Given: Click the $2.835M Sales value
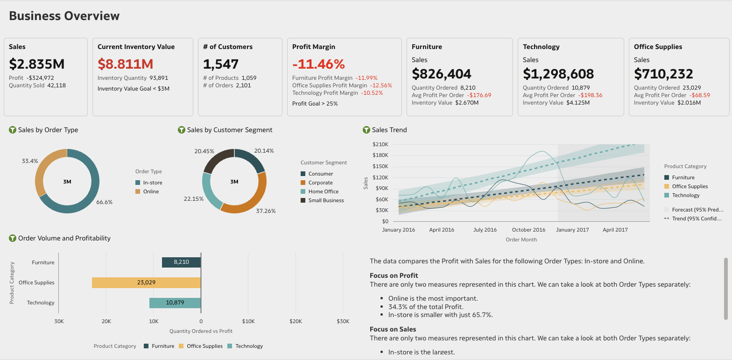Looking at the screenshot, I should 37,64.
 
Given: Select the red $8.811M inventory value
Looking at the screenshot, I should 126,64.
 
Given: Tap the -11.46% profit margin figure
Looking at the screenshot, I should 318,64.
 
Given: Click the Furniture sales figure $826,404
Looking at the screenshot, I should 441,73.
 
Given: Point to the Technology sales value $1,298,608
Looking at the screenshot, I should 558,73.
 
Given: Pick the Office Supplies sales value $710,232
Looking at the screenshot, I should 663,73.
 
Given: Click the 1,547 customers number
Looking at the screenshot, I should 221,64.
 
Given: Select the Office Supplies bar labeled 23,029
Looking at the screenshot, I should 146,282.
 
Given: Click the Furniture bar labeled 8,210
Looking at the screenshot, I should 181,262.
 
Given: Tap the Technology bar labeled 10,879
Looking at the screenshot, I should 175,303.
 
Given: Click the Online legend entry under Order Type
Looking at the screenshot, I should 151,191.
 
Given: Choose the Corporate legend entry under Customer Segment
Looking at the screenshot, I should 320,183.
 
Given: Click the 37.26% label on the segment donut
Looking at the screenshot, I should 266,211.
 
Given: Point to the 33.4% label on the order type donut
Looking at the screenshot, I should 30,161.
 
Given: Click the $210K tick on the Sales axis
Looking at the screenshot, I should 380,144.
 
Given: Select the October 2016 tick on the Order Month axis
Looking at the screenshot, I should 528,230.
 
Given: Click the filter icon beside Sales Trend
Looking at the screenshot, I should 366,130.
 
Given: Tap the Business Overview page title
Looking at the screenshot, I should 64,16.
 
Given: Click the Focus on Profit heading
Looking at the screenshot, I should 394,275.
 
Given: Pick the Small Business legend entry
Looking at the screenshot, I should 326,200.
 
